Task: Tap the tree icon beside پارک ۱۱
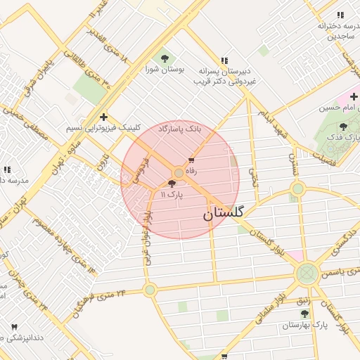coord(172,184)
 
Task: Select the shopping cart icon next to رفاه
coord(191,161)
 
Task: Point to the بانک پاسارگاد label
coord(179,130)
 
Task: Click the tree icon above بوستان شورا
coord(165,58)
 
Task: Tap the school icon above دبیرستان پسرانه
coord(224,61)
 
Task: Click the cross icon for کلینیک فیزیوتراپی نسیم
coord(104,117)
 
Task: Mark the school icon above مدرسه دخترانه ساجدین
coord(340,15)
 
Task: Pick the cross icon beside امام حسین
coord(354,96)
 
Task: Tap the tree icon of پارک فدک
coord(343,127)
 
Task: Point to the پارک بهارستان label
coord(306,326)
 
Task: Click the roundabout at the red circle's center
coord(179,172)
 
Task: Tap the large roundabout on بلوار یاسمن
coord(307,273)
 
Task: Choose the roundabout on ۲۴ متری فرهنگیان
coord(150,289)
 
